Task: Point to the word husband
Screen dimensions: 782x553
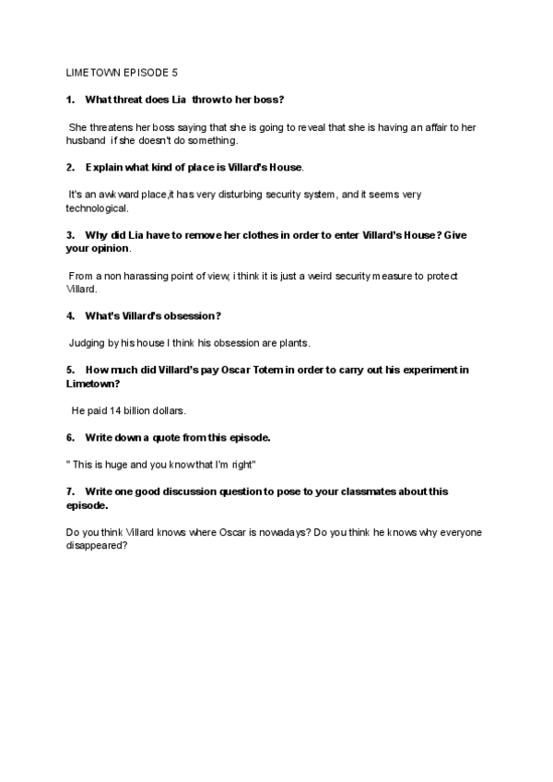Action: [88, 140]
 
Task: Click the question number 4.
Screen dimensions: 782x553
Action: [71, 315]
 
